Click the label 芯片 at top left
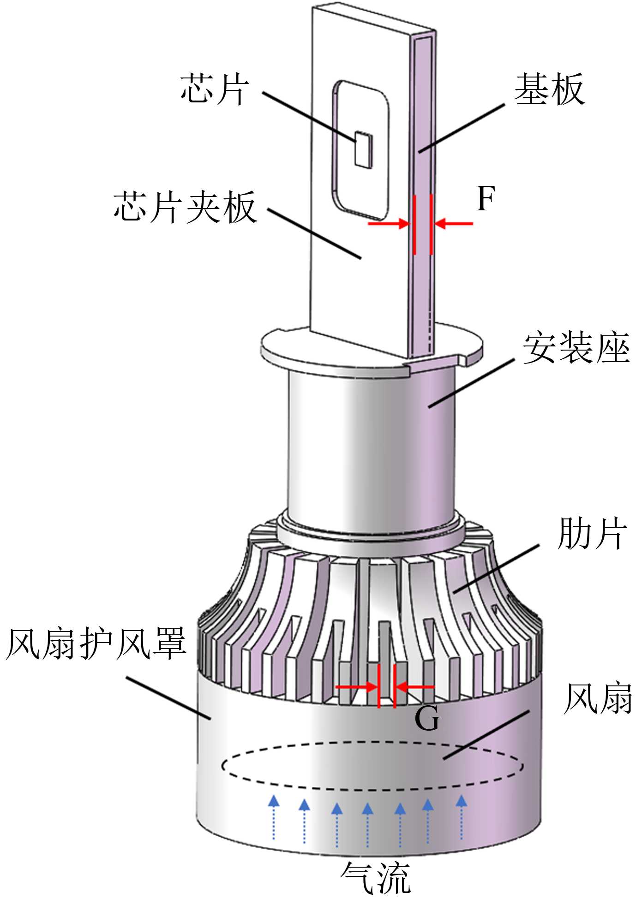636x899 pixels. click(x=215, y=89)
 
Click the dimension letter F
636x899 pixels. click(x=486, y=199)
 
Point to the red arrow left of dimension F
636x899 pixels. click(x=389, y=224)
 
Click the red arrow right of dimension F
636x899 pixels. click(x=454, y=224)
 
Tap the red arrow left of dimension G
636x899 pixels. click(x=356, y=687)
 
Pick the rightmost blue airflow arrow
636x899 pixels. click(x=461, y=817)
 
